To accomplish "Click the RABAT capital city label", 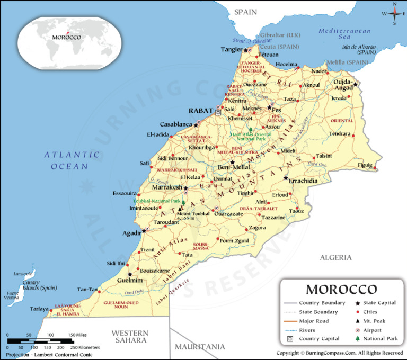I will tap(201, 111).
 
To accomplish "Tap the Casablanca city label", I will tap(175, 124).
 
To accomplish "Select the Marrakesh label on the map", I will tap(167, 188).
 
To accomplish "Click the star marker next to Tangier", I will tap(245, 50).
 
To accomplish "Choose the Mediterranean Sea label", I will tap(344, 34).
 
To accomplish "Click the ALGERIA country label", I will tap(335, 258).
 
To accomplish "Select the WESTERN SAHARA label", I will tap(130, 337).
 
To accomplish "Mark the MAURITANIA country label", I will tap(200, 347).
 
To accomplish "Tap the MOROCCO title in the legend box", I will tap(342, 290).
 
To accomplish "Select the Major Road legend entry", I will tap(313, 321).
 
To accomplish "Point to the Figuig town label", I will tap(365, 165).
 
